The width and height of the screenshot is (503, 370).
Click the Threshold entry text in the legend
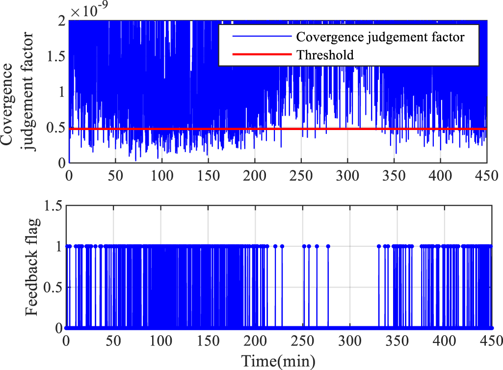tap(325, 55)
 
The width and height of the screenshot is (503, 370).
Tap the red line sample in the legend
tap(256, 55)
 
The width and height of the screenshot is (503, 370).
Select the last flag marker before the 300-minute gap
tap(328, 246)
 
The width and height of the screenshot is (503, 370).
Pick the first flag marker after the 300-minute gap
tap(379, 246)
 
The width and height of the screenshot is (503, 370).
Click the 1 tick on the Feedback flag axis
tap(58, 246)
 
